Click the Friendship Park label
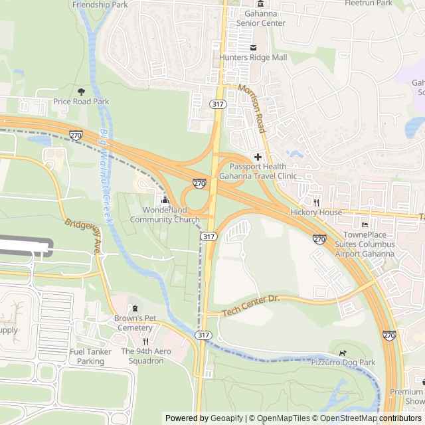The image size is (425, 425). point(100,5)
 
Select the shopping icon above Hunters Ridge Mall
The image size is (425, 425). point(252,47)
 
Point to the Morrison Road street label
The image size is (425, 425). point(252,106)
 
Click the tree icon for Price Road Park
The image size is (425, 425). point(82,91)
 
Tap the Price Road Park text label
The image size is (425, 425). point(81,102)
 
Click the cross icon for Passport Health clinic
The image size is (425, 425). point(258,156)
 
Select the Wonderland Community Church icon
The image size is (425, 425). point(165,201)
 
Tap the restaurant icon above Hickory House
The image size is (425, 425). point(317,203)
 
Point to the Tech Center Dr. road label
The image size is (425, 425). point(252,305)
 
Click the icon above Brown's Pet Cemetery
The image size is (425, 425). point(136,308)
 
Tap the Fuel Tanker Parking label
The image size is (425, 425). point(90,356)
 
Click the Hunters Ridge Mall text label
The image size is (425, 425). point(253,58)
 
